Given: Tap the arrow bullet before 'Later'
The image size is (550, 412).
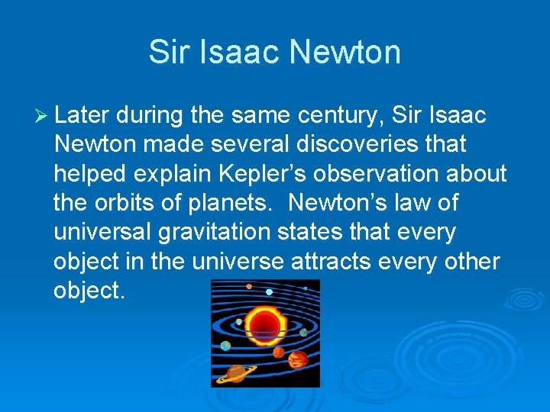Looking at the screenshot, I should (x=42, y=115).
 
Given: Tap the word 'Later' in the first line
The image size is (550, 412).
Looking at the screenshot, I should (x=82, y=115).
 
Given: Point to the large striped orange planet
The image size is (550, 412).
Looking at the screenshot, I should (x=298, y=359).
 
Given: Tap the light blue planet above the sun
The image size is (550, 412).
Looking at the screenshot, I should (x=269, y=291).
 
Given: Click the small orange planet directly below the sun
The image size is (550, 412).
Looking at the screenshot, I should (x=278, y=352).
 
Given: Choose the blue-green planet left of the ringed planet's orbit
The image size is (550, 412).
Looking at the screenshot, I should (x=225, y=346).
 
